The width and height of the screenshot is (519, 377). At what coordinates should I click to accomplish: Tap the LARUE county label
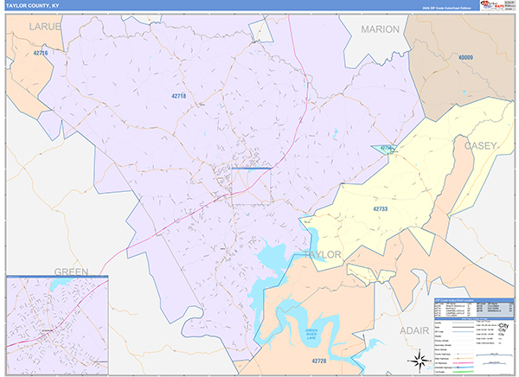(x=46, y=28)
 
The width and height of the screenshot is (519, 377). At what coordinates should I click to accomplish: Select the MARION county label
(x=380, y=29)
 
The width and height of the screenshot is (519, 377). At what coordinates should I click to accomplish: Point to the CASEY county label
(x=480, y=146)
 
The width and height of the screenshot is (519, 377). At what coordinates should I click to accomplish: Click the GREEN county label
(x=72, y=271)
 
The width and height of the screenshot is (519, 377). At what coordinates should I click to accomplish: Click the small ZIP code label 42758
(x=388, y=148)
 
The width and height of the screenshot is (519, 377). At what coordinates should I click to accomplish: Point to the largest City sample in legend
(x=502, y=324)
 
